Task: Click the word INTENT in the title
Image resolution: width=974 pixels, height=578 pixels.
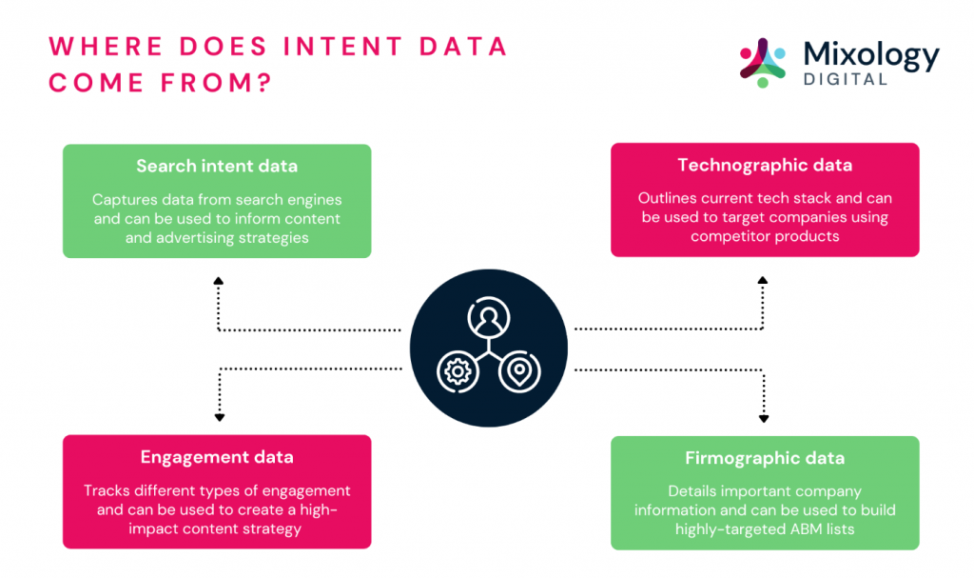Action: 343,47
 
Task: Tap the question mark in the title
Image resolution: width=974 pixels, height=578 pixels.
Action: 265,83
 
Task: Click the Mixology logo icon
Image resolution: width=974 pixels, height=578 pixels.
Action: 763,63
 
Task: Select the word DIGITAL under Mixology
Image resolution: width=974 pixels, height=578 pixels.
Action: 845,79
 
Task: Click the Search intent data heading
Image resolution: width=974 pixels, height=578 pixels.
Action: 217,166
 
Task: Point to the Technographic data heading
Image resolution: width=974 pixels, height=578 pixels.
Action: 765,165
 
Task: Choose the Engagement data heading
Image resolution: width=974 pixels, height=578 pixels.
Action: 217,457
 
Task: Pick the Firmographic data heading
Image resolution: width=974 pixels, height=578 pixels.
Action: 765,459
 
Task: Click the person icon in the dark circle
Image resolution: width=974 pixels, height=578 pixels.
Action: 489,318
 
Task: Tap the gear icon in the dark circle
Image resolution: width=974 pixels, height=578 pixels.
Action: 458,372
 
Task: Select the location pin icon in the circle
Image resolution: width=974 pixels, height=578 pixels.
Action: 519,372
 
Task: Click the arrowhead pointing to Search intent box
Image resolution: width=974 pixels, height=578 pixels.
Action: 219,281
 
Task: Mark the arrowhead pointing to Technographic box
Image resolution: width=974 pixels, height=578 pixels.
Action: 763,281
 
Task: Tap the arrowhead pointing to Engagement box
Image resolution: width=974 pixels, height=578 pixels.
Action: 220,418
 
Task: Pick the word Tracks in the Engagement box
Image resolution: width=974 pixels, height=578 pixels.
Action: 104,491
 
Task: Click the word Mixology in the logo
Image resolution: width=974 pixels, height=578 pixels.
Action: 871,55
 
